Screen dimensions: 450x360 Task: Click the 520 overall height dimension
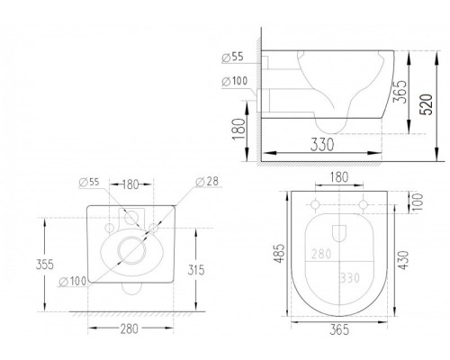(427, 104)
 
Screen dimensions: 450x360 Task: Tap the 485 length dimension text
(279, 254)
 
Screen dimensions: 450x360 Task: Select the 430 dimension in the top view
(404, 260)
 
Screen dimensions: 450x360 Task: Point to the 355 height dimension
(45, 265)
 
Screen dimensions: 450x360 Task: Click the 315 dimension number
(196, 270)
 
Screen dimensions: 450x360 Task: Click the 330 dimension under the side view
(322, 145)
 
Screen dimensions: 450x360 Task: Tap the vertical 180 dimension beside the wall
(239, 129)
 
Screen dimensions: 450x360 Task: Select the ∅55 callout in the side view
(233, 57)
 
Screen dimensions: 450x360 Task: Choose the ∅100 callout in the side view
(235, 81)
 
